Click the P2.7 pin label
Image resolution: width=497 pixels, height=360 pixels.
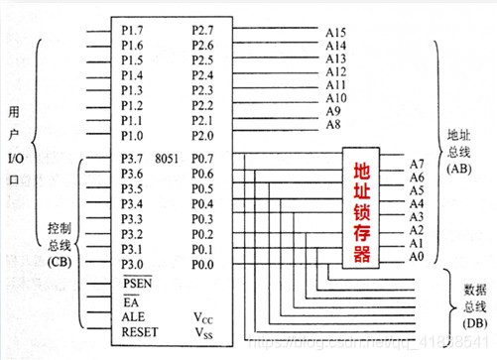coord(202,32)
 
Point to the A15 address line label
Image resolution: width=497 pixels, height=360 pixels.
coord(336,33)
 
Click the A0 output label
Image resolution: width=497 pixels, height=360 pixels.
coord(419,257)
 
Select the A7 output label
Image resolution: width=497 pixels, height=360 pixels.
coord(419,161)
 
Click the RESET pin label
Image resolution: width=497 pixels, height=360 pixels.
coord(139,334)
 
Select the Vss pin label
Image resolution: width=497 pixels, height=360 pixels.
coord(203,335)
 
